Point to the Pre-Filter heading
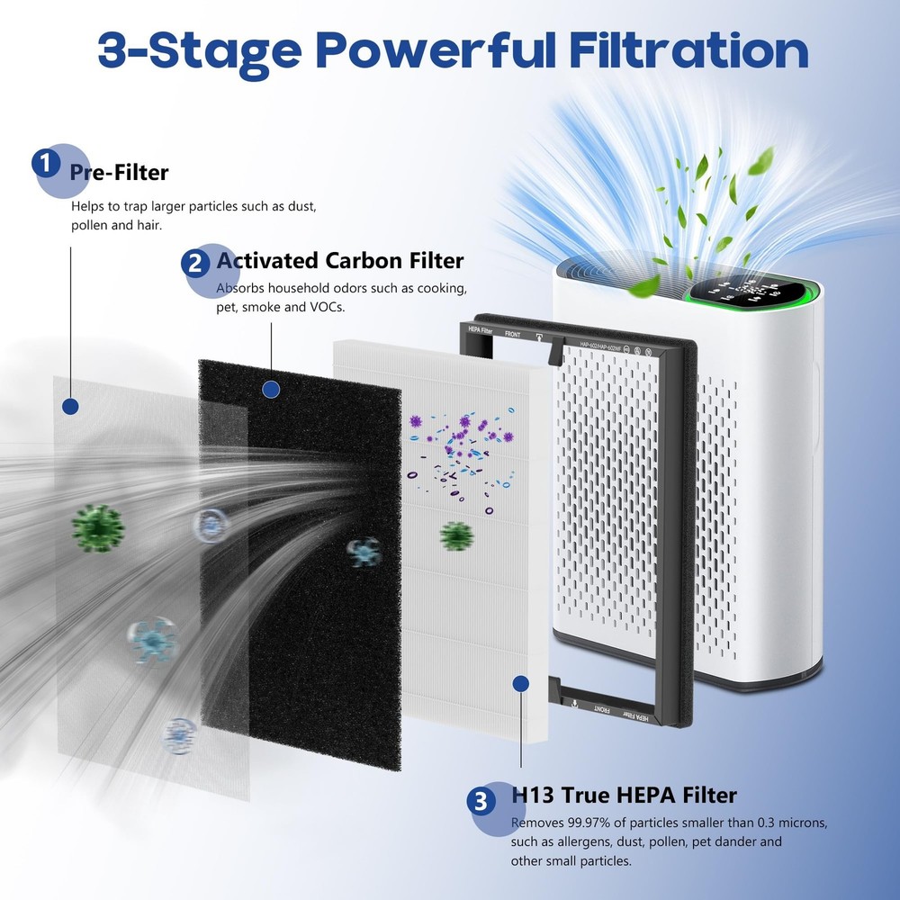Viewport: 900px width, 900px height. tap(119, 171)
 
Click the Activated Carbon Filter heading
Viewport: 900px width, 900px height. tap(340, 261)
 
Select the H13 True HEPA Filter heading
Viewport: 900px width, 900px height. tap(624, 795)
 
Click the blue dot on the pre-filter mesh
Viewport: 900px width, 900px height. tap(71, 406)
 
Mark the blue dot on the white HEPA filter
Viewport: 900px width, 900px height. tap(519, 685)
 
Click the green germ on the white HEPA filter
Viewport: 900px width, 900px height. tap(457, 536)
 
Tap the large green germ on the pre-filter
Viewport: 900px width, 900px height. tap(97, 527)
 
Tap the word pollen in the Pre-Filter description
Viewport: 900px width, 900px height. tap(90, 225)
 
